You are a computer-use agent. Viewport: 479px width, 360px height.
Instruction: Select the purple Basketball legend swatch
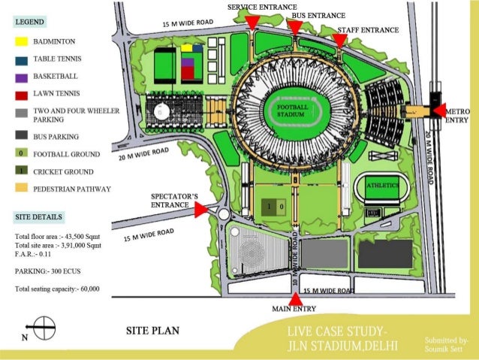[20, 77]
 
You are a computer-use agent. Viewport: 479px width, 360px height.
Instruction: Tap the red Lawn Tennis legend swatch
[20, 95]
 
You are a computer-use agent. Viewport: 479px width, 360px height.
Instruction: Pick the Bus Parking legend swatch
[20, 137]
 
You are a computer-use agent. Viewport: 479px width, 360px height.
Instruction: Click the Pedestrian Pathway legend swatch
[20, 189]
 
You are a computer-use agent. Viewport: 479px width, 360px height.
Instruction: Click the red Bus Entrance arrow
[295, 29]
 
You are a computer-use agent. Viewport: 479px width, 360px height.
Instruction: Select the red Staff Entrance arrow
[340, 39]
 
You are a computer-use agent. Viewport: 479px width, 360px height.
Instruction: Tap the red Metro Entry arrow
[440, 110]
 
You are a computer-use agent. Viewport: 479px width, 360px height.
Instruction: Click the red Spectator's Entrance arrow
[200, 211]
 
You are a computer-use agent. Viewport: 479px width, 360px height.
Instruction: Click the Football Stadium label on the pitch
[291, 111]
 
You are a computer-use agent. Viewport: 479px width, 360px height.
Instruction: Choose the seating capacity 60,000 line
[57, 289]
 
